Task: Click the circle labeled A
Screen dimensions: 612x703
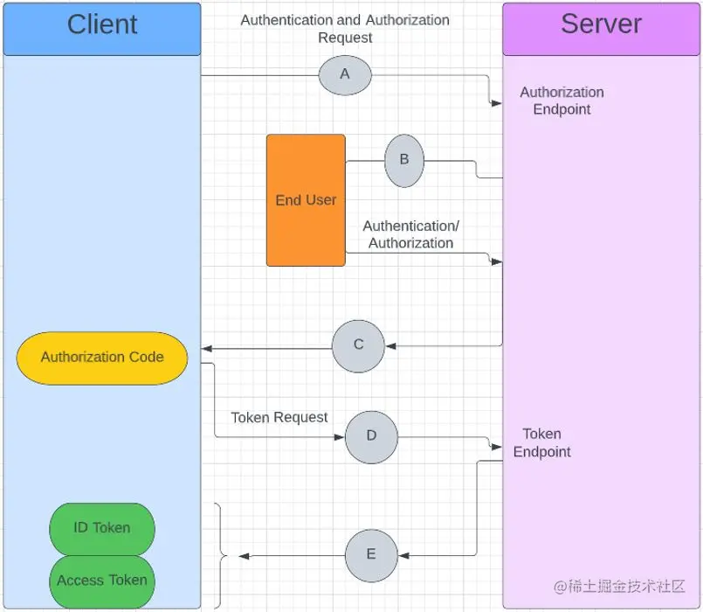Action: tap(345, 75)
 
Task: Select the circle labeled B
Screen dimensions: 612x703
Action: tap(404, 160)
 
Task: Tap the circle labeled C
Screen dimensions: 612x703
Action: tap(358, 345)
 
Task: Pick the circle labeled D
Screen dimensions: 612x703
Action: tap(371, 436)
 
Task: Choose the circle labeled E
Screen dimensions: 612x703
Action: tap(371, 555)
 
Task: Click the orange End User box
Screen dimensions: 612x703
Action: tap(306, 200)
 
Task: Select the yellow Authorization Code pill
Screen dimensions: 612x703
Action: tap(102, 357)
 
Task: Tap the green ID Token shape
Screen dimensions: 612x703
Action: tap(102, 528)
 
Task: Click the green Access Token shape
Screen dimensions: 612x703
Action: tap(102, 581)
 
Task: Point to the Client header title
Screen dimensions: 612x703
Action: tap(102, 25)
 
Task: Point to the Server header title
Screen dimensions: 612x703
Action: tap(601, 25)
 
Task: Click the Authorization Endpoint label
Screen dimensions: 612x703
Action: tap(562, 101)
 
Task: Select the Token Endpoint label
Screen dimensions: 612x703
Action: tap(541, 443)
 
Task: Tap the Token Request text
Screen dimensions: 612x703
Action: tap(279, 418)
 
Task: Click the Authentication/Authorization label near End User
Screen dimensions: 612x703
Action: tap(410, 235)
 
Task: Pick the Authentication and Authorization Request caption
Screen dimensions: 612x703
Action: tap(345, 29)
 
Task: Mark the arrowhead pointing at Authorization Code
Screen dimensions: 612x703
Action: tap(207, 348)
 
